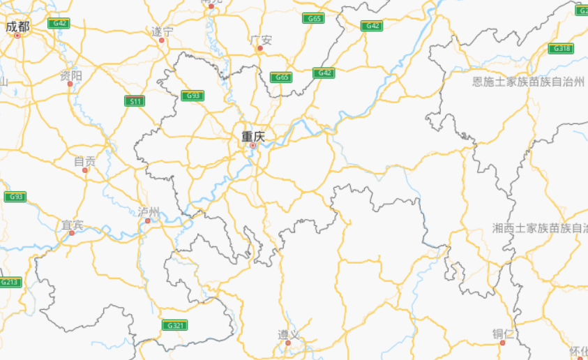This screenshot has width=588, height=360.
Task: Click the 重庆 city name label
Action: coord(253,137)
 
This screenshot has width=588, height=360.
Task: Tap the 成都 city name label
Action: coord(17,27)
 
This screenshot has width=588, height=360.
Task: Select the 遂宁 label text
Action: coord(162,31)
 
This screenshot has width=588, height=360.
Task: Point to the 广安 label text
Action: coord(260,40)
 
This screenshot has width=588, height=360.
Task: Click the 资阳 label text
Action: coord(70,75)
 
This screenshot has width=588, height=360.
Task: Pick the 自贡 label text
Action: coord(85,161)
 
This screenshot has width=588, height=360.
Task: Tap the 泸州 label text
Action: coord(149,211)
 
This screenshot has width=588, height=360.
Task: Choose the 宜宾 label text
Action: coord(73,225)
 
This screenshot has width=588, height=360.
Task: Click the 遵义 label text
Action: coord(288,334)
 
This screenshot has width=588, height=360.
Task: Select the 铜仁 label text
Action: coord(503,333)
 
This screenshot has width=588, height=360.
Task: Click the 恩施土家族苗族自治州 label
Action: coord(528,82)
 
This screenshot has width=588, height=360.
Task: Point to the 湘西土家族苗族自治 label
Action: coord(539,228)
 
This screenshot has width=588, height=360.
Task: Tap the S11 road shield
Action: coord(135,101)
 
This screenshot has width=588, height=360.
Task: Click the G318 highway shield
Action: coord(560,48)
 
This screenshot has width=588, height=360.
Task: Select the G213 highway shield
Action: coord(10,282)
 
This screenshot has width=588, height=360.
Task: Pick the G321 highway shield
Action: coord(174,325)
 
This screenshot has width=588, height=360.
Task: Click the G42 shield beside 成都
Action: coord(59,23)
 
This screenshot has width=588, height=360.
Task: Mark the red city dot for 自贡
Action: coord(85,170)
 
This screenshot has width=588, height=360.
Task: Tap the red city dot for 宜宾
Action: coord(71,233)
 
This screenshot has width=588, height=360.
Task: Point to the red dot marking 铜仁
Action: coord(502,343)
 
